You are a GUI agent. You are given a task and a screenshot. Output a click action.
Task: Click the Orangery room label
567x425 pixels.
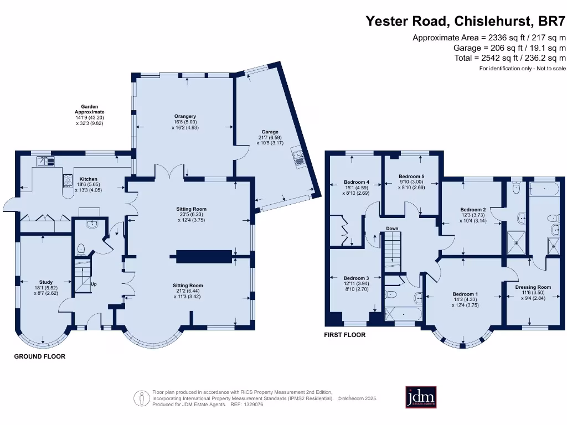click(185, 116)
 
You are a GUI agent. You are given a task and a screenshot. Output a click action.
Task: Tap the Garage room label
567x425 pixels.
click(270, 132)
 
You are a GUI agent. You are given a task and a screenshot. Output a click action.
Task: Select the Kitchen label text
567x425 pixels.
click(88, 179)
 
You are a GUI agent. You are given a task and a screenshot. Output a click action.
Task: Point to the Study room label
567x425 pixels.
click(46, 282)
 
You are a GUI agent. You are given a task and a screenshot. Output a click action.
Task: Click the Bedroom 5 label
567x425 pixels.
click(411, 177)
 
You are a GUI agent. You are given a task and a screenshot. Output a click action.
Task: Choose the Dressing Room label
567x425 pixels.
click(533, 287)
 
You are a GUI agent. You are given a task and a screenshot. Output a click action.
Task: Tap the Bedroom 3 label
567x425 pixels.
click(356, 278)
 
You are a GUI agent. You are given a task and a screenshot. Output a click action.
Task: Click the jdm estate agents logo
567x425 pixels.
click(421, 397)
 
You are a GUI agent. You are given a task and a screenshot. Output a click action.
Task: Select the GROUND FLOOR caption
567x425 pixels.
click(40, 356)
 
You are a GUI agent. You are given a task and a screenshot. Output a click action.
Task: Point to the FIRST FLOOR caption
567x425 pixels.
click(344, 335)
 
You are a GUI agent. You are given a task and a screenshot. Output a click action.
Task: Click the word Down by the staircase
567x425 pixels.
click(392, 229)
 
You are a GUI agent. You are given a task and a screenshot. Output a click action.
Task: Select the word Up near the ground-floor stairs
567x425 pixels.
click(94, 284)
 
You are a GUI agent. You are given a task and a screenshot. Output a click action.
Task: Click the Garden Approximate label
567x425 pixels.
click(89, 109)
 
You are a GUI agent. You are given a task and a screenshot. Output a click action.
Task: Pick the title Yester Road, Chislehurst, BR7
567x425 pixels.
click(465, 21)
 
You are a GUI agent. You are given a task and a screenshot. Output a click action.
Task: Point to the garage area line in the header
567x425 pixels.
click(509, 48)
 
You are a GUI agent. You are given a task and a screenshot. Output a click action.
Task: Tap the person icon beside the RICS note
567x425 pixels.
click(141, 398)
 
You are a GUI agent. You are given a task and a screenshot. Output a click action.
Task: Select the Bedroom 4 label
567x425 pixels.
click(356, 182)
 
